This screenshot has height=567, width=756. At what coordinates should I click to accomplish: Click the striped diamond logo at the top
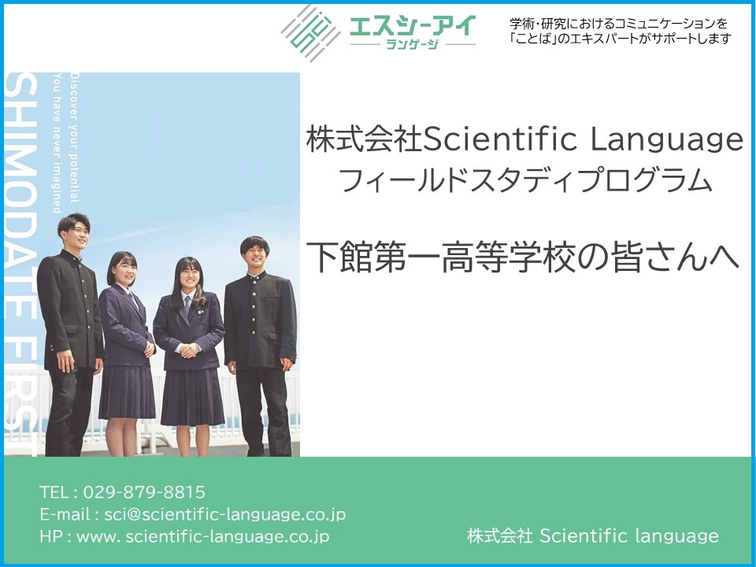point(310,33)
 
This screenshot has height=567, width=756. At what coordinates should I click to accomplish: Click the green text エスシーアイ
point(413,25)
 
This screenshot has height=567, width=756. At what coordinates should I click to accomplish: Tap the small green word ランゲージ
point(413,44)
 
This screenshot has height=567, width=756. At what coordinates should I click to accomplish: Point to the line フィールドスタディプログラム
point(525,181)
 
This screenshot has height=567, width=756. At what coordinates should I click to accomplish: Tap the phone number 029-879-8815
point(144,492)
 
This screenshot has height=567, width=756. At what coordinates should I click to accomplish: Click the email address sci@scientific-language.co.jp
point(225,514)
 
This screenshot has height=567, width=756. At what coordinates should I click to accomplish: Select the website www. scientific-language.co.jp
point(203,536)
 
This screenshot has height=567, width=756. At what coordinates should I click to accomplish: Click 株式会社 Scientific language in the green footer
point(592,535)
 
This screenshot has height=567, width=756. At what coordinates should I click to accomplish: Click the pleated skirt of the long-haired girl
point(192,397)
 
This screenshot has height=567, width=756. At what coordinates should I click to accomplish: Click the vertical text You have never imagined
point(57,143)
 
